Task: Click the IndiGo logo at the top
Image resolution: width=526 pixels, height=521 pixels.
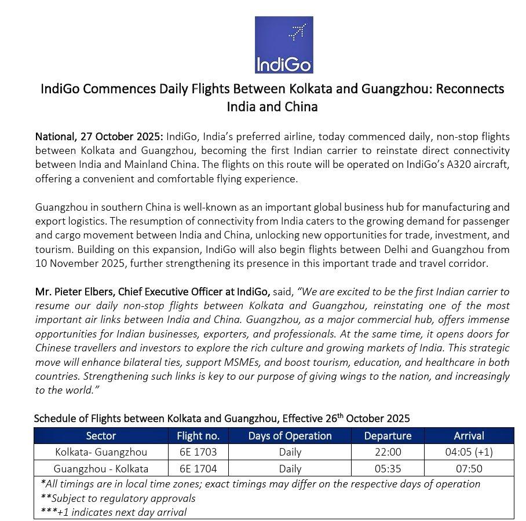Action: point(284,45)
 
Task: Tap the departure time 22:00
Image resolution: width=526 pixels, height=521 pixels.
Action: point(388,452)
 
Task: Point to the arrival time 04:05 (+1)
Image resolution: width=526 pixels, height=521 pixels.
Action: point(469,452)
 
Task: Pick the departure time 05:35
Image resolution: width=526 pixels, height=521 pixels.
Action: point(388,468)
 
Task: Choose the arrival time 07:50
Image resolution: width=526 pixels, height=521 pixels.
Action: point(469,468)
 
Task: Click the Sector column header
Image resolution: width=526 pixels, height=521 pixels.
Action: point(101,435)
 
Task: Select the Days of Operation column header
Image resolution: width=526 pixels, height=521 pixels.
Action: point(290,435)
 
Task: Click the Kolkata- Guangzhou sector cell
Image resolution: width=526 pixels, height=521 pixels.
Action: point(101,452)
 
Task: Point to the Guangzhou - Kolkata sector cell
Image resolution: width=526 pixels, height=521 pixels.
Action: point(101,468)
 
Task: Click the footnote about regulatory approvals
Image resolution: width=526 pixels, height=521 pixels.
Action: point(118,498)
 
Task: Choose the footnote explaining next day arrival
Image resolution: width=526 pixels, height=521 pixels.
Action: point(114,512)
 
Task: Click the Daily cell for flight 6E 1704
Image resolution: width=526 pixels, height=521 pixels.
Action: point(290,468)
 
